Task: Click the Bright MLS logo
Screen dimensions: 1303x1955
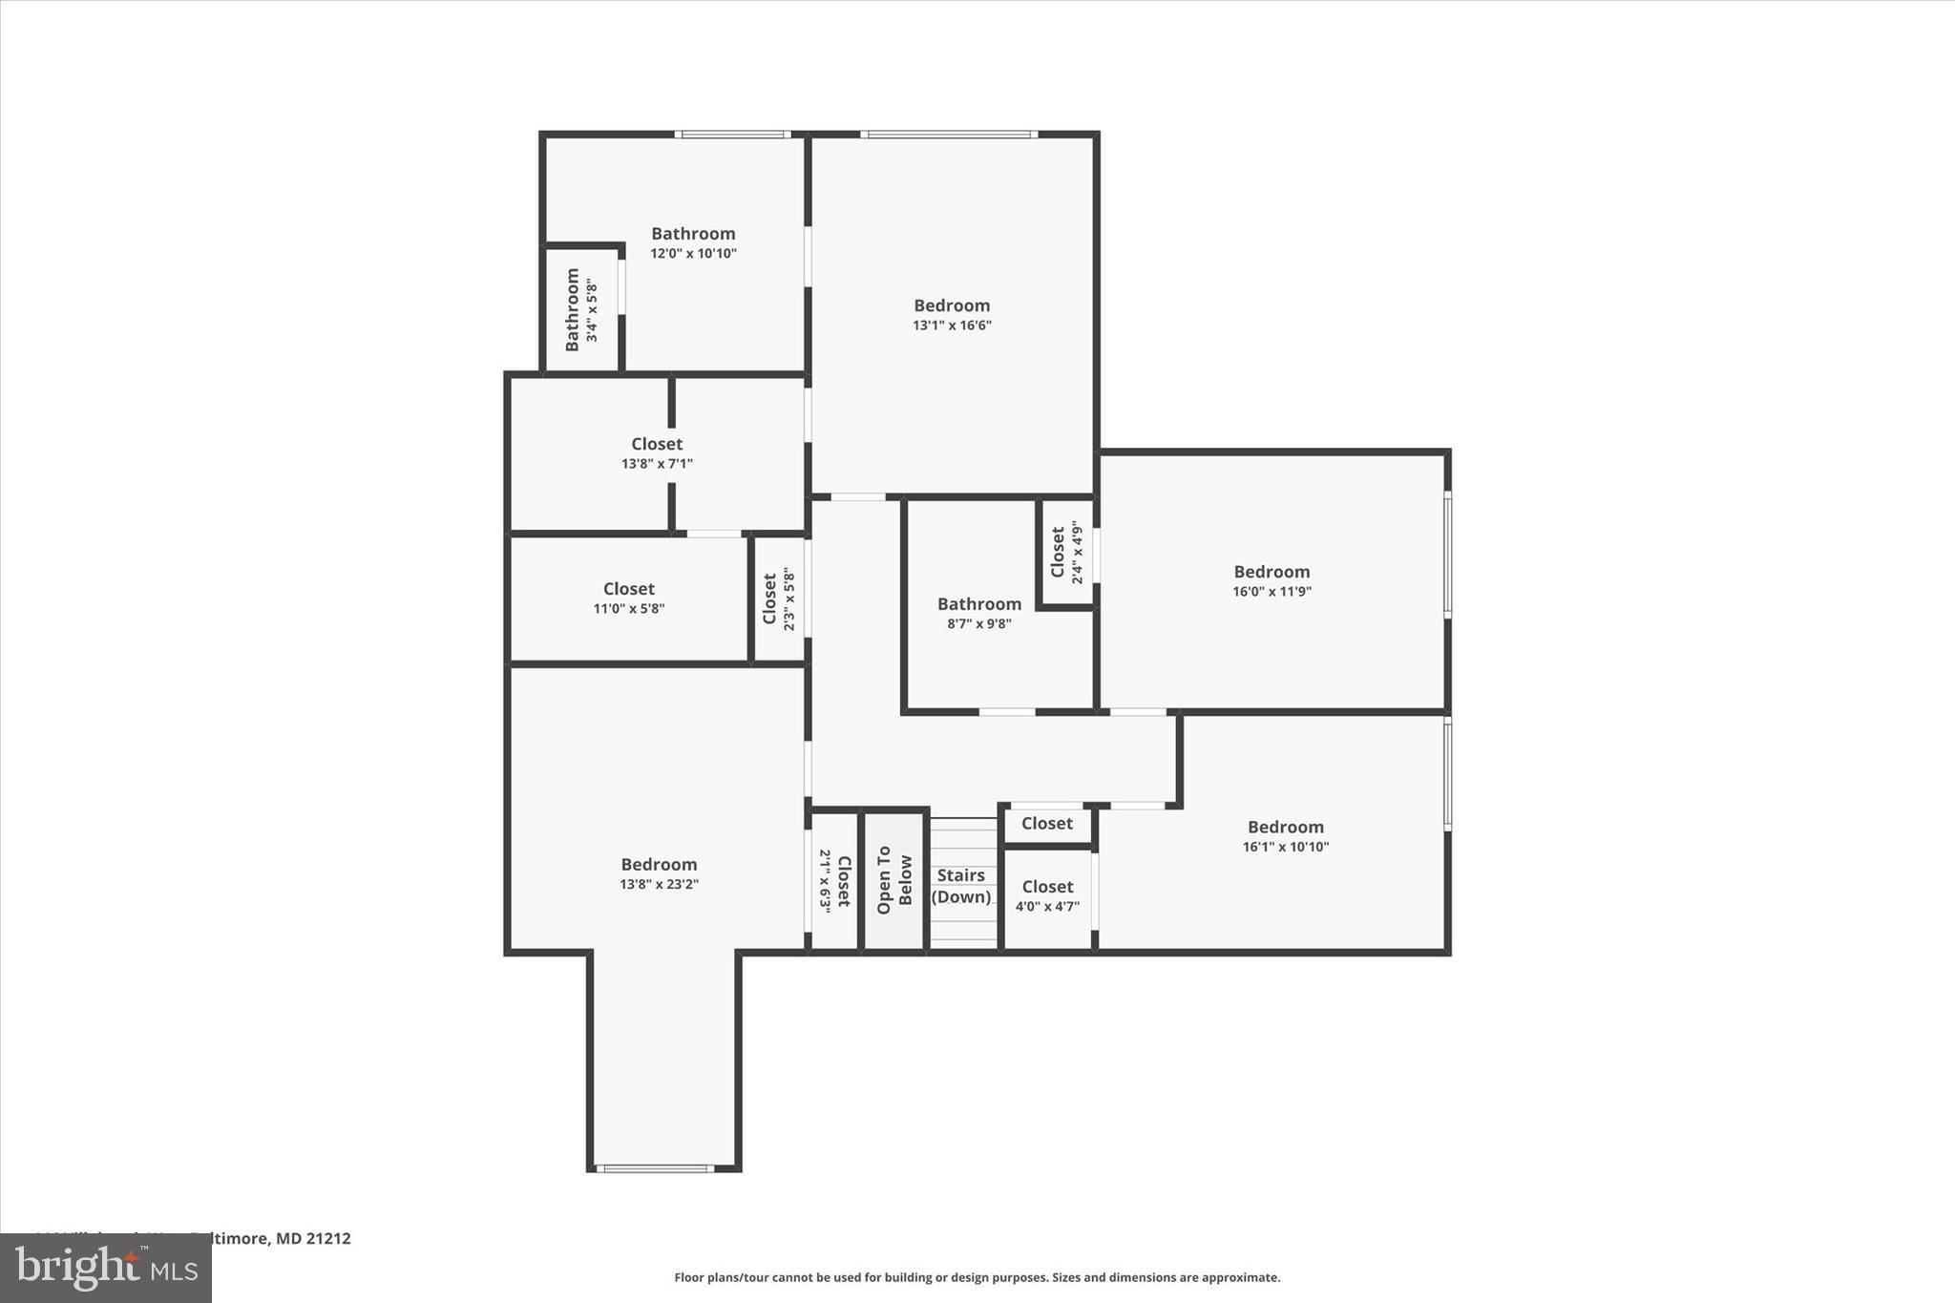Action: click(x=106, y=1268)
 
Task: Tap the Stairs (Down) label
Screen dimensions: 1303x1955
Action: click(x=960, y=886)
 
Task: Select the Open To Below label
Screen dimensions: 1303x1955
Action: click(x=894, y=879)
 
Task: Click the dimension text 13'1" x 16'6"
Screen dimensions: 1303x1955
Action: click(x=952, y=326)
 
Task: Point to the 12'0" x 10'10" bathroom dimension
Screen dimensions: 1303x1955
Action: click(x=693, y=254)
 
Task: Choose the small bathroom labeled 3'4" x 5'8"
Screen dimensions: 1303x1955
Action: click(x=581, y=309)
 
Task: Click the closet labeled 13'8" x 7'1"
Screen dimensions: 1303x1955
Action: click(x=657, y=453)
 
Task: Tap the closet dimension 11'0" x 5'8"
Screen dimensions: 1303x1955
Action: click(x=628, y=609)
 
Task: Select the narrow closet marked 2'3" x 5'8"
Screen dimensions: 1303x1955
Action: click(x=779, y=599)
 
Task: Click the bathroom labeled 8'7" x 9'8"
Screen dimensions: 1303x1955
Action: click(x=978, y=613)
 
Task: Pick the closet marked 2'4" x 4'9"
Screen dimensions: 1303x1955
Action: click(x=1066, y=553)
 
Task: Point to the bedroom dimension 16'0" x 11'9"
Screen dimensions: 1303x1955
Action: click(x=1272, y=592)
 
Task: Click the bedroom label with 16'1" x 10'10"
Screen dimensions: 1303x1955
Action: click(x=1285, y=836)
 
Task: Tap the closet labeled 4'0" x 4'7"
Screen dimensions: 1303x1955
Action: click(x=1047, y=895)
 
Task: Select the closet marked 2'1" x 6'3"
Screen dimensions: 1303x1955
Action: click(x=834, y=880)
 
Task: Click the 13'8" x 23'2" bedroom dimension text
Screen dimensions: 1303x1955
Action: click(x=659, y=885)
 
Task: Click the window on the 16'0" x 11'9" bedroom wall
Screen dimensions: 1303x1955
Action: click(x=1447, y=554)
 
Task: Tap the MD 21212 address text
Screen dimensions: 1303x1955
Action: click(x=313, y=1238)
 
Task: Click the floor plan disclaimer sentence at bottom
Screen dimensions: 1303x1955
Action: click(x=977, y=1277)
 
